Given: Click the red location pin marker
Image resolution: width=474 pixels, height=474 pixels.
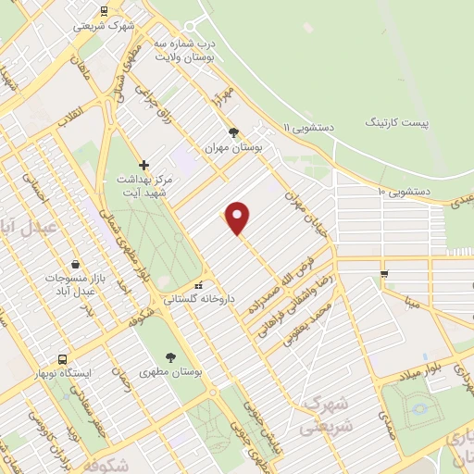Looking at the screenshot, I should [x=239, y=218].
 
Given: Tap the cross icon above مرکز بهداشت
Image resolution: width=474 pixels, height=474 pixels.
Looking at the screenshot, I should [x=144, y=165].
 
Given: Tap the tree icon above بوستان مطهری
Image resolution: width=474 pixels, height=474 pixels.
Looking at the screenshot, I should [x=172, y=356].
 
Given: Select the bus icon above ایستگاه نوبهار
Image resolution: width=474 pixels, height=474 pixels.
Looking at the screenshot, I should [x=62, y=358].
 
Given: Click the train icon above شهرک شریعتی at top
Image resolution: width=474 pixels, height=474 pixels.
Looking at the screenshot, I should [x=104, y=12].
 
